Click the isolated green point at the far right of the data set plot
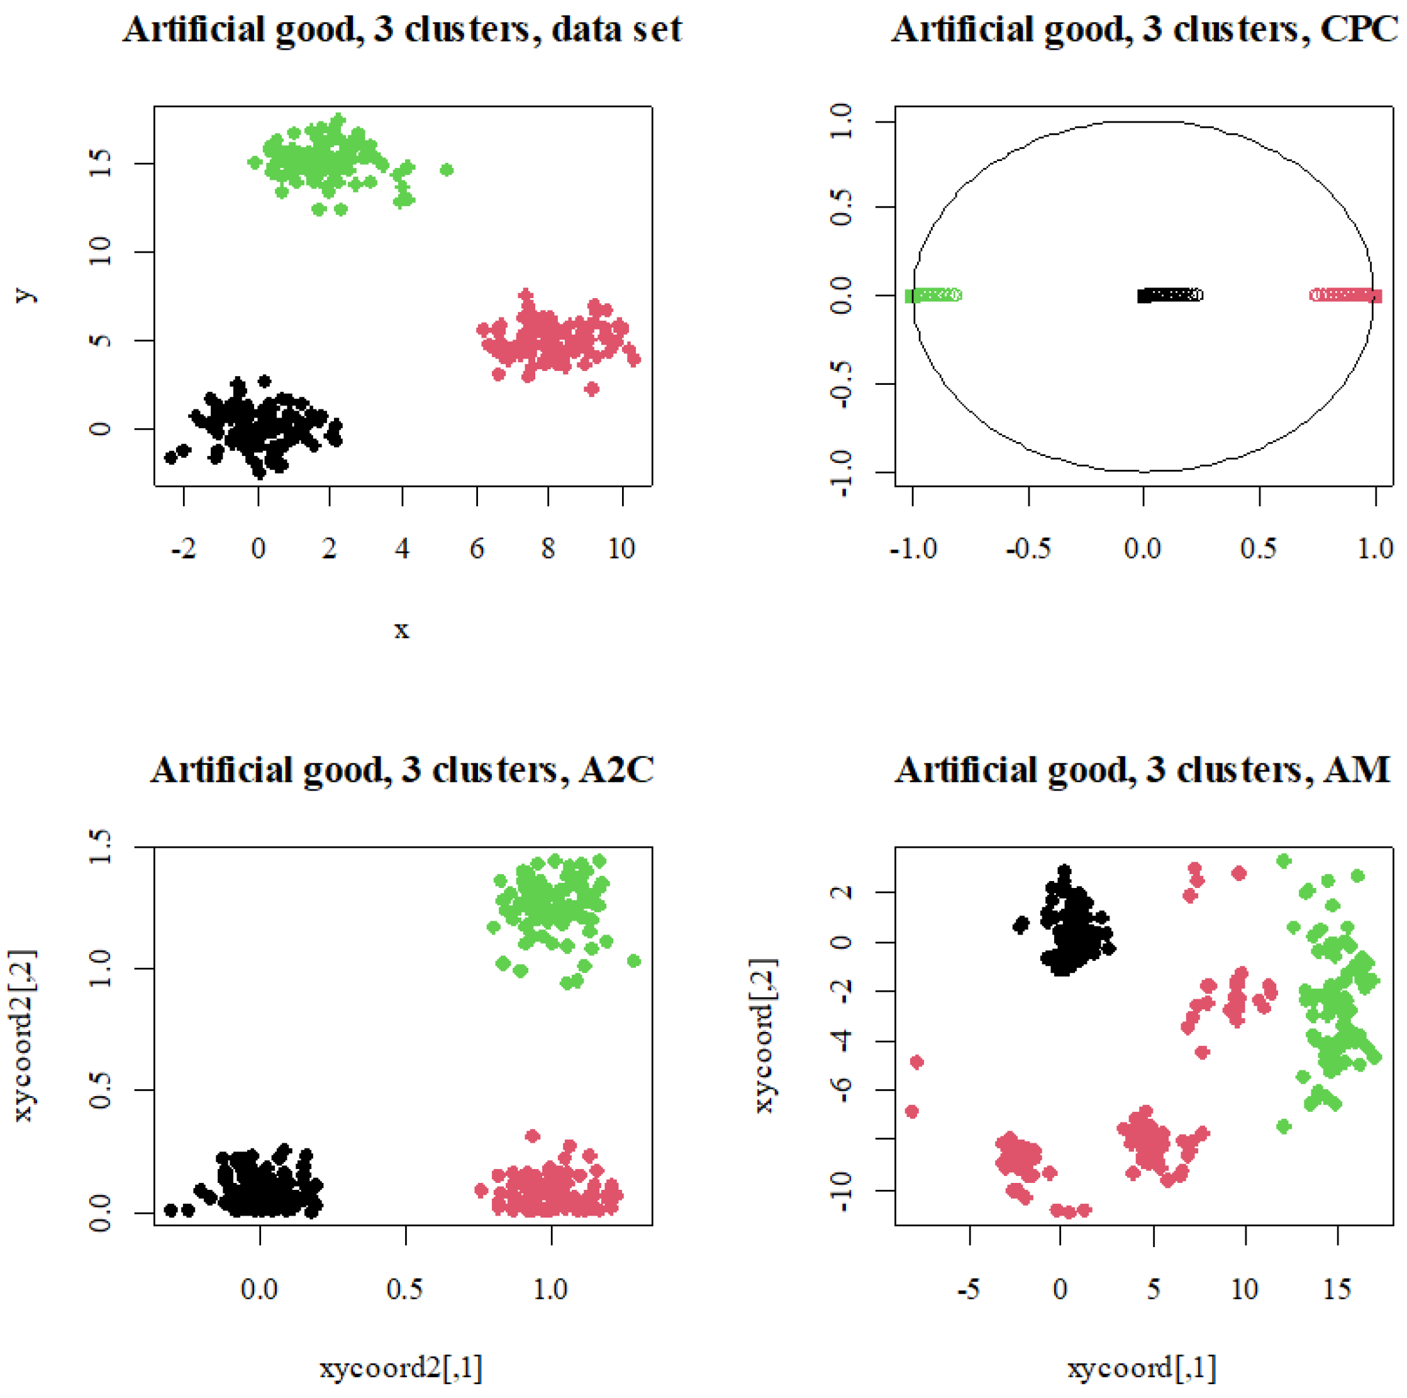click(447, 170)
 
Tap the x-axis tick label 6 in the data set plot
click(476, 548)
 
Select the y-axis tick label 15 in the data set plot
click(101, 164)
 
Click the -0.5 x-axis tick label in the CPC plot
click(1028, 548)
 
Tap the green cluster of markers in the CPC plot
click(933, 295)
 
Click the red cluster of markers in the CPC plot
click(1346, 295)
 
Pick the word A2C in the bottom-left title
click(616, 771)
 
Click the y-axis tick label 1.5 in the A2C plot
click(101, 847)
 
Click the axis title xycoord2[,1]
click(401, 1368)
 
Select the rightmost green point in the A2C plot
click(633, 961)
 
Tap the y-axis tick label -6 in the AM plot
click(843, 1089)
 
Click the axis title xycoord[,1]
click(1141, 1368)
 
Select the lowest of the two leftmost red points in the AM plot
click(911, 1111)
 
